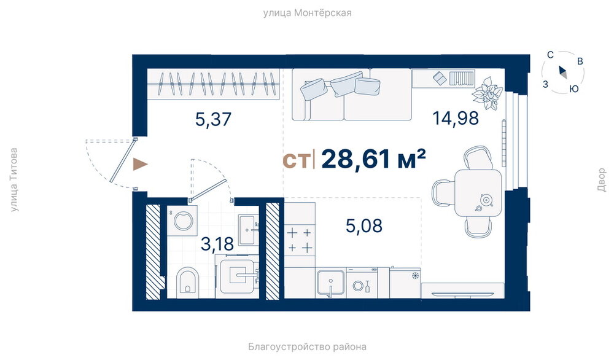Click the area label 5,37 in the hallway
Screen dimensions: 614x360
tap(214, 119)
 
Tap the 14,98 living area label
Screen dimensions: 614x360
tap(456, 118)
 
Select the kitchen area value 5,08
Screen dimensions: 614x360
tap(364, 225)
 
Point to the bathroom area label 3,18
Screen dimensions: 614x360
tap(217, 244)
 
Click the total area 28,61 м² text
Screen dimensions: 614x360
tap(373, 159)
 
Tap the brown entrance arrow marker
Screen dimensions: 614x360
tap(140, 164)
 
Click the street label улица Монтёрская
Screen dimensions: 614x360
tap(308, 13)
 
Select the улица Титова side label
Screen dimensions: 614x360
tap(14, 180)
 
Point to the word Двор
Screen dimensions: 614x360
tap(602, 180)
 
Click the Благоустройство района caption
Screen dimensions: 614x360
tap(308, 346)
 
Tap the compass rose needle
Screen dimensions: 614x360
tap(562, 72)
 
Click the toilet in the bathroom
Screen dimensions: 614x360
tap(187, 281)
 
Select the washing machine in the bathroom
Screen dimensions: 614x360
tap(182, 221)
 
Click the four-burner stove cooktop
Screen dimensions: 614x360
tap(300, 240)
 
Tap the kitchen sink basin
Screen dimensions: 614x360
tap(331, 283)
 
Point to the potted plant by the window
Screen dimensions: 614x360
tap(487, 93)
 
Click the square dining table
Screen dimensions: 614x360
tap(478, 192)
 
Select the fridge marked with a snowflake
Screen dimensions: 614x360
tap(405, 283)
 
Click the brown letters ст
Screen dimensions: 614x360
tap(296, 160)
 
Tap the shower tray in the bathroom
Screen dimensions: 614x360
tap(237, 276)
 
